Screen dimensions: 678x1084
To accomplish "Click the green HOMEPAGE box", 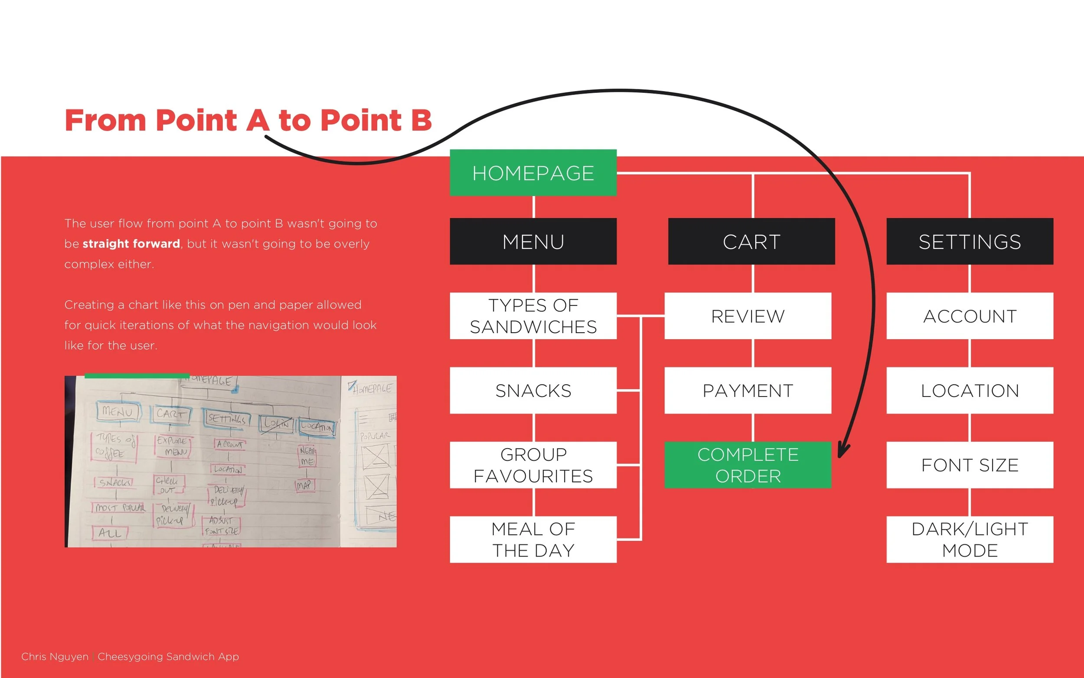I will (533, 173).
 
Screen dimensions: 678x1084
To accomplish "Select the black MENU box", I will (533, 241).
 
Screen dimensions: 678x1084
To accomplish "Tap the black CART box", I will (751, 241).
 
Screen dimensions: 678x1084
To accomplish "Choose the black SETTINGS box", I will (969, 241).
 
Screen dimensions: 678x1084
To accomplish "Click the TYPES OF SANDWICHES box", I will (533, 316).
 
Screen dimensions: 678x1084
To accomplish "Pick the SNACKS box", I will (533, 390).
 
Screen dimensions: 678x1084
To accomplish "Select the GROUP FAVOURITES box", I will (533, 465).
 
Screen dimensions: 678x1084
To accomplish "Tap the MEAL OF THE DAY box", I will (533, 539).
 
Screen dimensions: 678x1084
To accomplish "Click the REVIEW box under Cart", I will (748, 316).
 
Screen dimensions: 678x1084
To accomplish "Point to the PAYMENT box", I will (748, 390).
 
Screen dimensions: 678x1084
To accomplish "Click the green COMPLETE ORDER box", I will (748, 465).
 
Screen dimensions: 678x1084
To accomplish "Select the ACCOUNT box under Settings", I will (969, 316).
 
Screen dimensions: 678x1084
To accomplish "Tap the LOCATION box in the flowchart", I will (969, 390).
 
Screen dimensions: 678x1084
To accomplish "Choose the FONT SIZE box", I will (969, 465).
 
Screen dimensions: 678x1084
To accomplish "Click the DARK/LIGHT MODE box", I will (969, 539).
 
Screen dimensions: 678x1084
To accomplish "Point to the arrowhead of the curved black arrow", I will (841, 454).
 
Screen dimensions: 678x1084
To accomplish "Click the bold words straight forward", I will (131, 243).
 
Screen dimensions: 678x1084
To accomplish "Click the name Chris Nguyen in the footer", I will (55, 656).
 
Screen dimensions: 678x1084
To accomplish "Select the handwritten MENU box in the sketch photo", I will (118, 411).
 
